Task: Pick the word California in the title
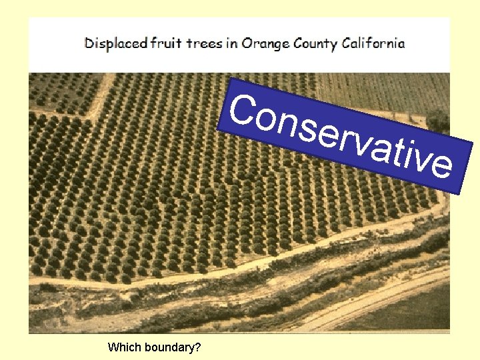(373, 44)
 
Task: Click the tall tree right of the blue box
(439, 121)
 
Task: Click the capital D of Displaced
(89, 44)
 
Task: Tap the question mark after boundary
(199, 347)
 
